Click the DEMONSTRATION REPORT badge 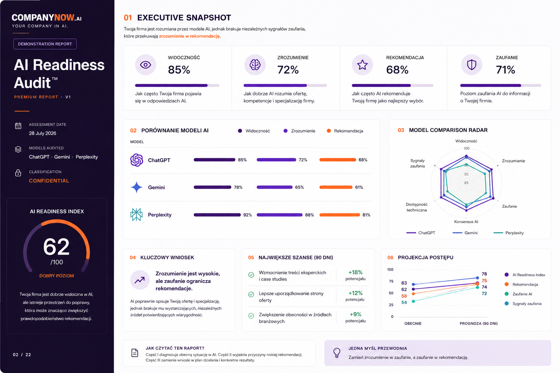(45, 44)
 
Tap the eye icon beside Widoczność (145, 65)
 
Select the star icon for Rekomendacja (362, 65)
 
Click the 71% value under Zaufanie (506, 70)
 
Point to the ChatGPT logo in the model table (136, 160)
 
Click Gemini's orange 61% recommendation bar (336, 187)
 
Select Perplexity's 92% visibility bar (217, 215)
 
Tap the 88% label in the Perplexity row (310, 215)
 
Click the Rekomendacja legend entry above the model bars (345, 131)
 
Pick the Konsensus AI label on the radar (466, 221)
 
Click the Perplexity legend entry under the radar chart (509, 233)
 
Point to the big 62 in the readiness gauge (56, 247)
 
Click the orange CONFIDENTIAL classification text (49, 181)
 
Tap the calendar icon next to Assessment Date (18, 126)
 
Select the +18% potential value (355, 272)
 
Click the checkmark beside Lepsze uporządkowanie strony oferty (251, 294)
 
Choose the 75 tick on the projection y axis (391, 281)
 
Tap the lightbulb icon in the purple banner (337, 353)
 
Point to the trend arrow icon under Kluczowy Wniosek (140, 280)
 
